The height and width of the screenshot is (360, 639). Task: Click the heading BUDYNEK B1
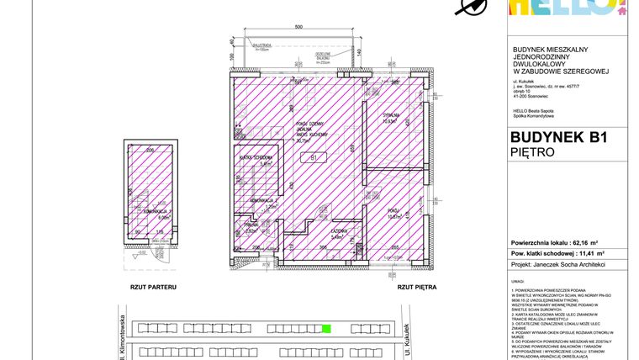coord(558,138)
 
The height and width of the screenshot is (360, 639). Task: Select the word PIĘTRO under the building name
coord(532,153)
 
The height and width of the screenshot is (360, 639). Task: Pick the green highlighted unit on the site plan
coord(326,329)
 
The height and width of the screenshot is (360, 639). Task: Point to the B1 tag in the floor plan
coord(314,156)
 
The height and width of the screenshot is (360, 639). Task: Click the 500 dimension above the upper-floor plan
coord(298,28)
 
